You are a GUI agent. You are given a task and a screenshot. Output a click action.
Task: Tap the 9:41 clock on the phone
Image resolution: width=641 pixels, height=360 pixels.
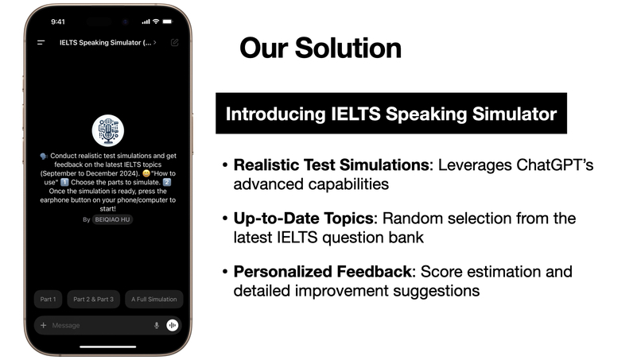tap(57, 21)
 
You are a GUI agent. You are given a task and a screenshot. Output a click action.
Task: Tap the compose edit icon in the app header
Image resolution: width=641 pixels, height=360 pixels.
tap(174, 41)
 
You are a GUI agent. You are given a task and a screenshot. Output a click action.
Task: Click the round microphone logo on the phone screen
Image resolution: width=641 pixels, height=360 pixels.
tap(108, 130)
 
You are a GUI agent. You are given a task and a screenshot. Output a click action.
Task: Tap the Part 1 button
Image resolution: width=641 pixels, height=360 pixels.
tap(49, 300)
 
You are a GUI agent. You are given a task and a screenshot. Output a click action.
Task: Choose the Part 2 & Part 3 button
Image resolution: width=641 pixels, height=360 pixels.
tap(94, 300)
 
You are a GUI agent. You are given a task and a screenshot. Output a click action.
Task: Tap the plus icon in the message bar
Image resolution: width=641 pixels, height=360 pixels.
tap(43, 325)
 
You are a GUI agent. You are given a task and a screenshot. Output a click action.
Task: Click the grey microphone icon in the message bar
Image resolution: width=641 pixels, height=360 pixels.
tap(157, 325)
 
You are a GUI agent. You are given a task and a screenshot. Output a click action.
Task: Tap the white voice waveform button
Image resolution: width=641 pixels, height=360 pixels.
tap(173, 325)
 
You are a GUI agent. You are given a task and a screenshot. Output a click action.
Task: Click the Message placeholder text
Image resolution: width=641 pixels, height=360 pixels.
tap(66, 325)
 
